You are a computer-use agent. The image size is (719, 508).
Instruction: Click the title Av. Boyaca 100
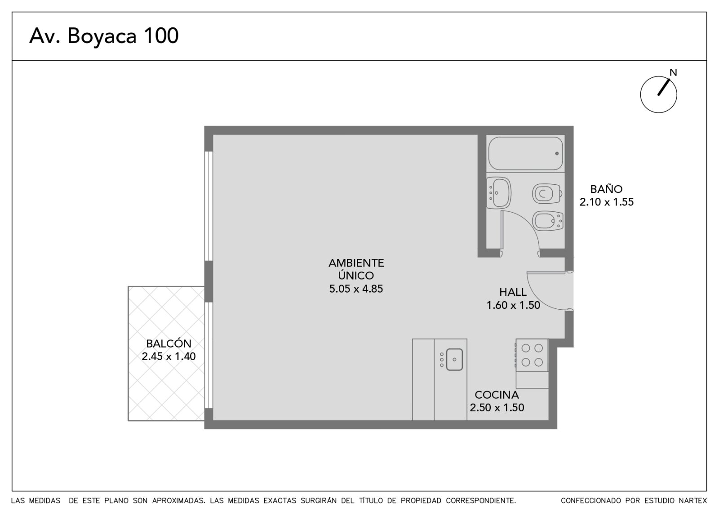click(x=104, y=36)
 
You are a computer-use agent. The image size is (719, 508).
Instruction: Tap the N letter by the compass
click(x=673, y=72)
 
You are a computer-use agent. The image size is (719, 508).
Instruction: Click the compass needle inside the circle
click(x=664, y=87)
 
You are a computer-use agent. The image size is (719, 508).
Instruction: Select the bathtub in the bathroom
click(x=525, y=153)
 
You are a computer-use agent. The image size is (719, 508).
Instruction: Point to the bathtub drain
click(x=557, y=153)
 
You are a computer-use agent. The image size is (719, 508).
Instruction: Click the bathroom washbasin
click(x=498, y=193)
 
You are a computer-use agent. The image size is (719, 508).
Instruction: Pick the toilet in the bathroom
click(x=547, y=194)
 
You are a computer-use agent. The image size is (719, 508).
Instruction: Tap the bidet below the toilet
click(x=548, y=221)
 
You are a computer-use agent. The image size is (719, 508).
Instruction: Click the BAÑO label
click(x=606, y=189)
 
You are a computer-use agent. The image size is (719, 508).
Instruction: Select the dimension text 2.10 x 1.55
click(x=606, y=202)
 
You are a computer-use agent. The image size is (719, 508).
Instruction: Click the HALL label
click(x=513, y=292)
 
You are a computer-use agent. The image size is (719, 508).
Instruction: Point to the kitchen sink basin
click(x=454, y=360)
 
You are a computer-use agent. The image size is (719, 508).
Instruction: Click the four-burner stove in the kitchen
click(x=532, y=355)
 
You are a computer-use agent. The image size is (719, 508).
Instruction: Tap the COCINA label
click(x=497, y=395)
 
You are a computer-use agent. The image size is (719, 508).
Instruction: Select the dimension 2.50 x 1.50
click(x=497, y=407)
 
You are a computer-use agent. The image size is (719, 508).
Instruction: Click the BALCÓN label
click(x=169, y=343)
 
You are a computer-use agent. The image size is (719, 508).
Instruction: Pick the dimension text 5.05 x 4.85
click(x=356, y=289)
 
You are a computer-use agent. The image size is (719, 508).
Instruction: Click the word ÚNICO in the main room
click(x=356, y=275)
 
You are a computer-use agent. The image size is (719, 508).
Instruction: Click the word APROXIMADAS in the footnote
click(x=178, y=501)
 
